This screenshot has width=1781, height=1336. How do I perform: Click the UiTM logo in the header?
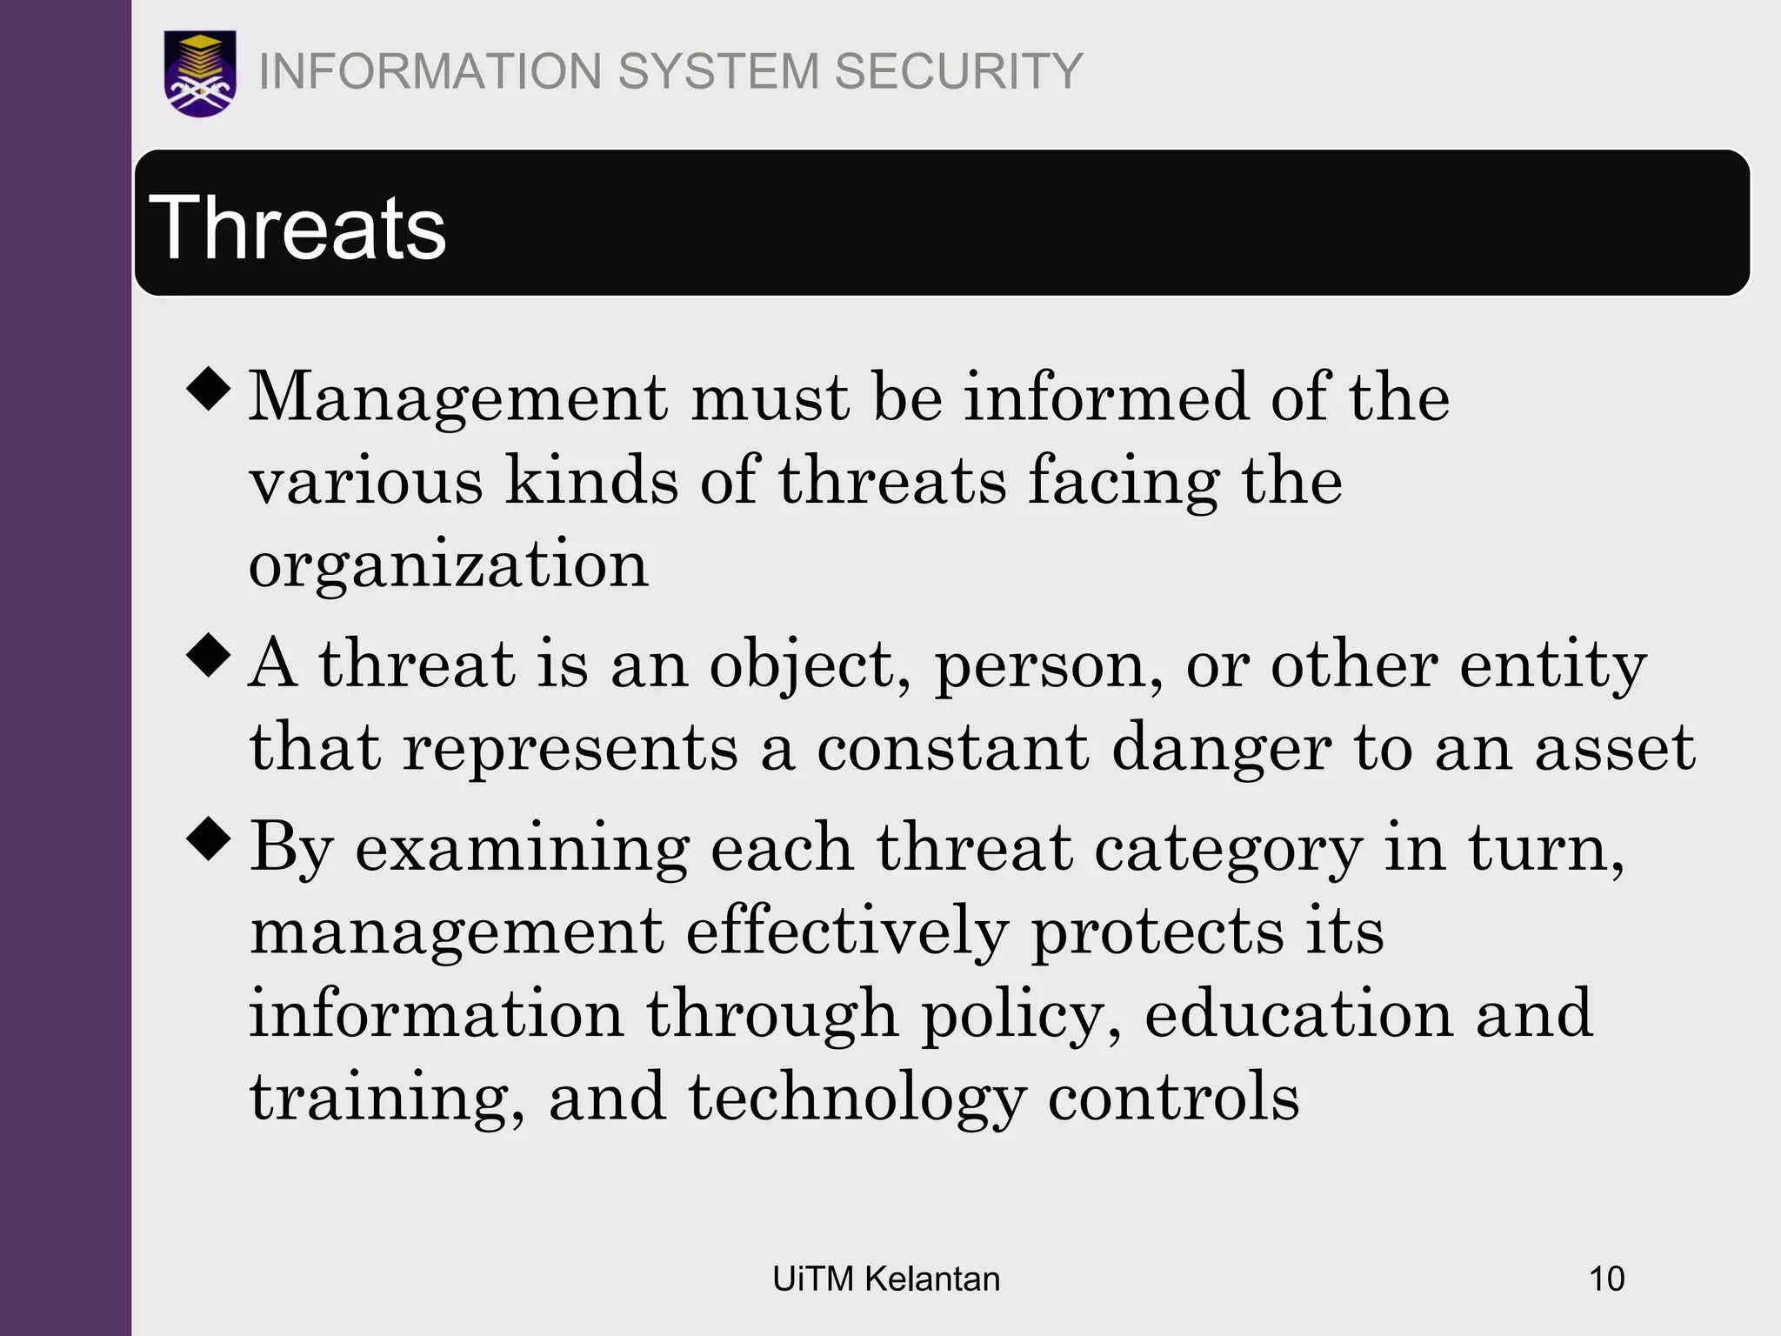200,73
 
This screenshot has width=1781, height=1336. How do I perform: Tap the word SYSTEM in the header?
718,71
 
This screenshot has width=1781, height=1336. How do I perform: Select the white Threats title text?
297,228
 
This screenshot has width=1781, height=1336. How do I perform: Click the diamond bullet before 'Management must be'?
209,388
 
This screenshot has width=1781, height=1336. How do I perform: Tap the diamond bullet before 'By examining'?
209,839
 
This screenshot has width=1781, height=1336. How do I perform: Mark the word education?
1299,1016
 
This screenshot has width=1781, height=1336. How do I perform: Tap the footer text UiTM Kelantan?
886,1279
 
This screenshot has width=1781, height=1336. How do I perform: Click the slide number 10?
1606,1279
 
